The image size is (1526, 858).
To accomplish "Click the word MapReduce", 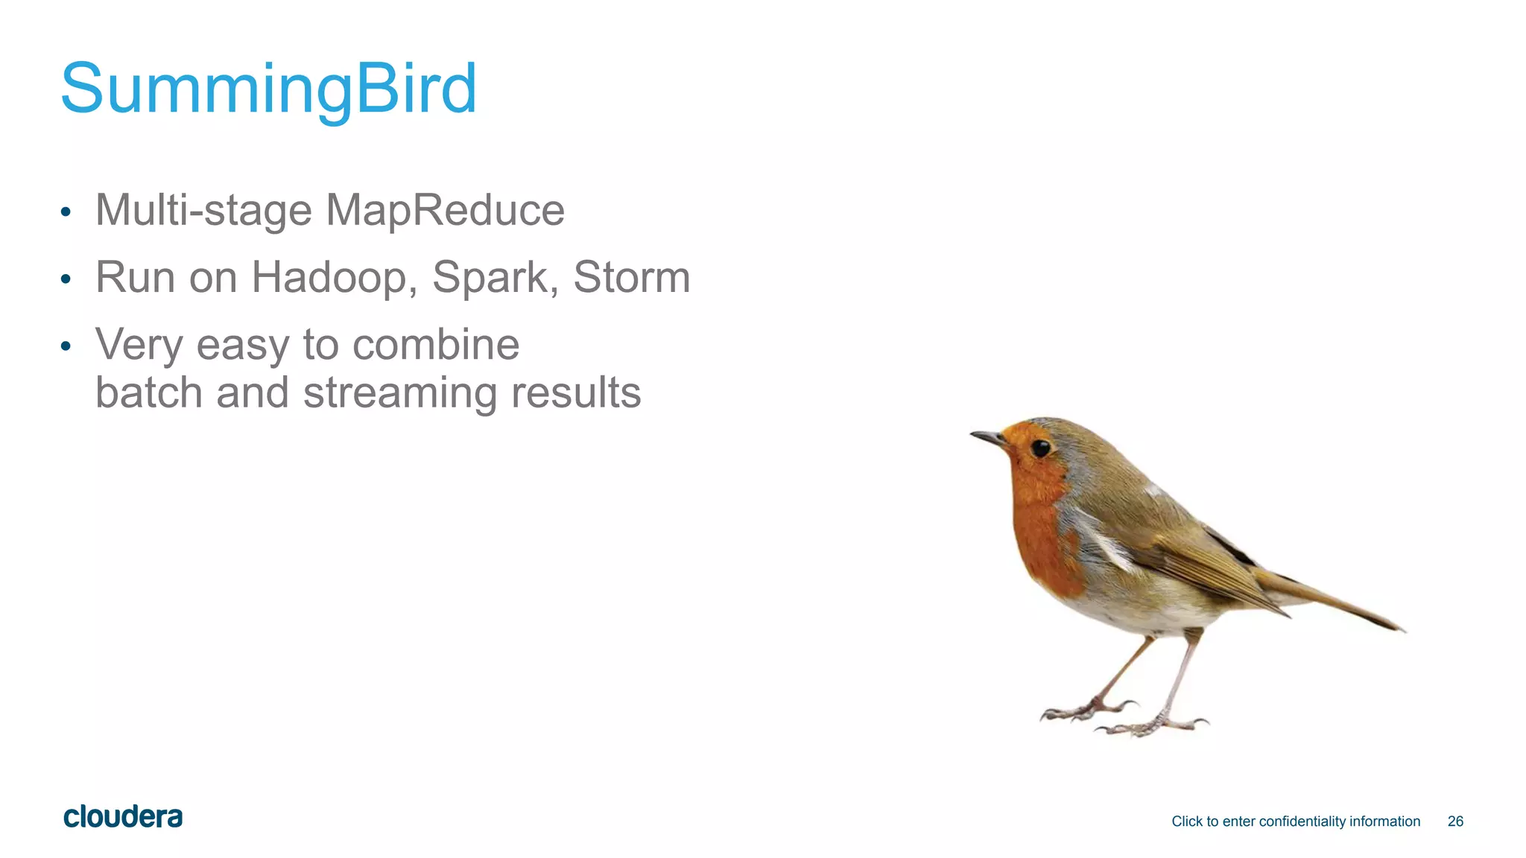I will pos(445,210).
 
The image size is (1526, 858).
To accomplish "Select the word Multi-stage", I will pos(203,210).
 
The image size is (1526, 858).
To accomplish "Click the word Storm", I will pos(631,277).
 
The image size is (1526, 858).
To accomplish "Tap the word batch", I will pos(148,393).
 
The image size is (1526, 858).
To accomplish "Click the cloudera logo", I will pos(123,817).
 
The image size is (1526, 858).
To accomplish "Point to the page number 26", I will pos(1455,822).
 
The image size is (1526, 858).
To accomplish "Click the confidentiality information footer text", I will pos(1295,822).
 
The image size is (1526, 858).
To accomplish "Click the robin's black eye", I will pos(1040,448).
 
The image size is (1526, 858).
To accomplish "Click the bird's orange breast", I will pos(1043,536).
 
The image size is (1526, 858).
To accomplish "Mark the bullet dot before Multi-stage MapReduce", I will pos(66,212).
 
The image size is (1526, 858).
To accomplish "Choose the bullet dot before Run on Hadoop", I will pos(66,279).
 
